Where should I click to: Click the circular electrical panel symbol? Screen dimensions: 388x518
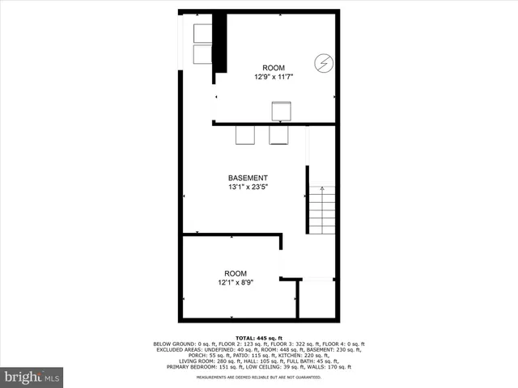point(322,63)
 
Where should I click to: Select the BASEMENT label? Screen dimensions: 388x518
point(248,178)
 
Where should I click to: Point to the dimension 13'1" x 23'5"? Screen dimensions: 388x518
point(248,187)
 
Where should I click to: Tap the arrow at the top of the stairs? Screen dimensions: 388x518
point(321,189)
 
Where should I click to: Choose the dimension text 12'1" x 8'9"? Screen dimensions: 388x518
point(236,283)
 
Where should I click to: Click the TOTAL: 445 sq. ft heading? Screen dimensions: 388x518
point(259,337)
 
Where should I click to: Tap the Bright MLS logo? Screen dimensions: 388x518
point(32,377)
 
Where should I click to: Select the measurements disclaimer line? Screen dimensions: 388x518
point(259,376)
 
